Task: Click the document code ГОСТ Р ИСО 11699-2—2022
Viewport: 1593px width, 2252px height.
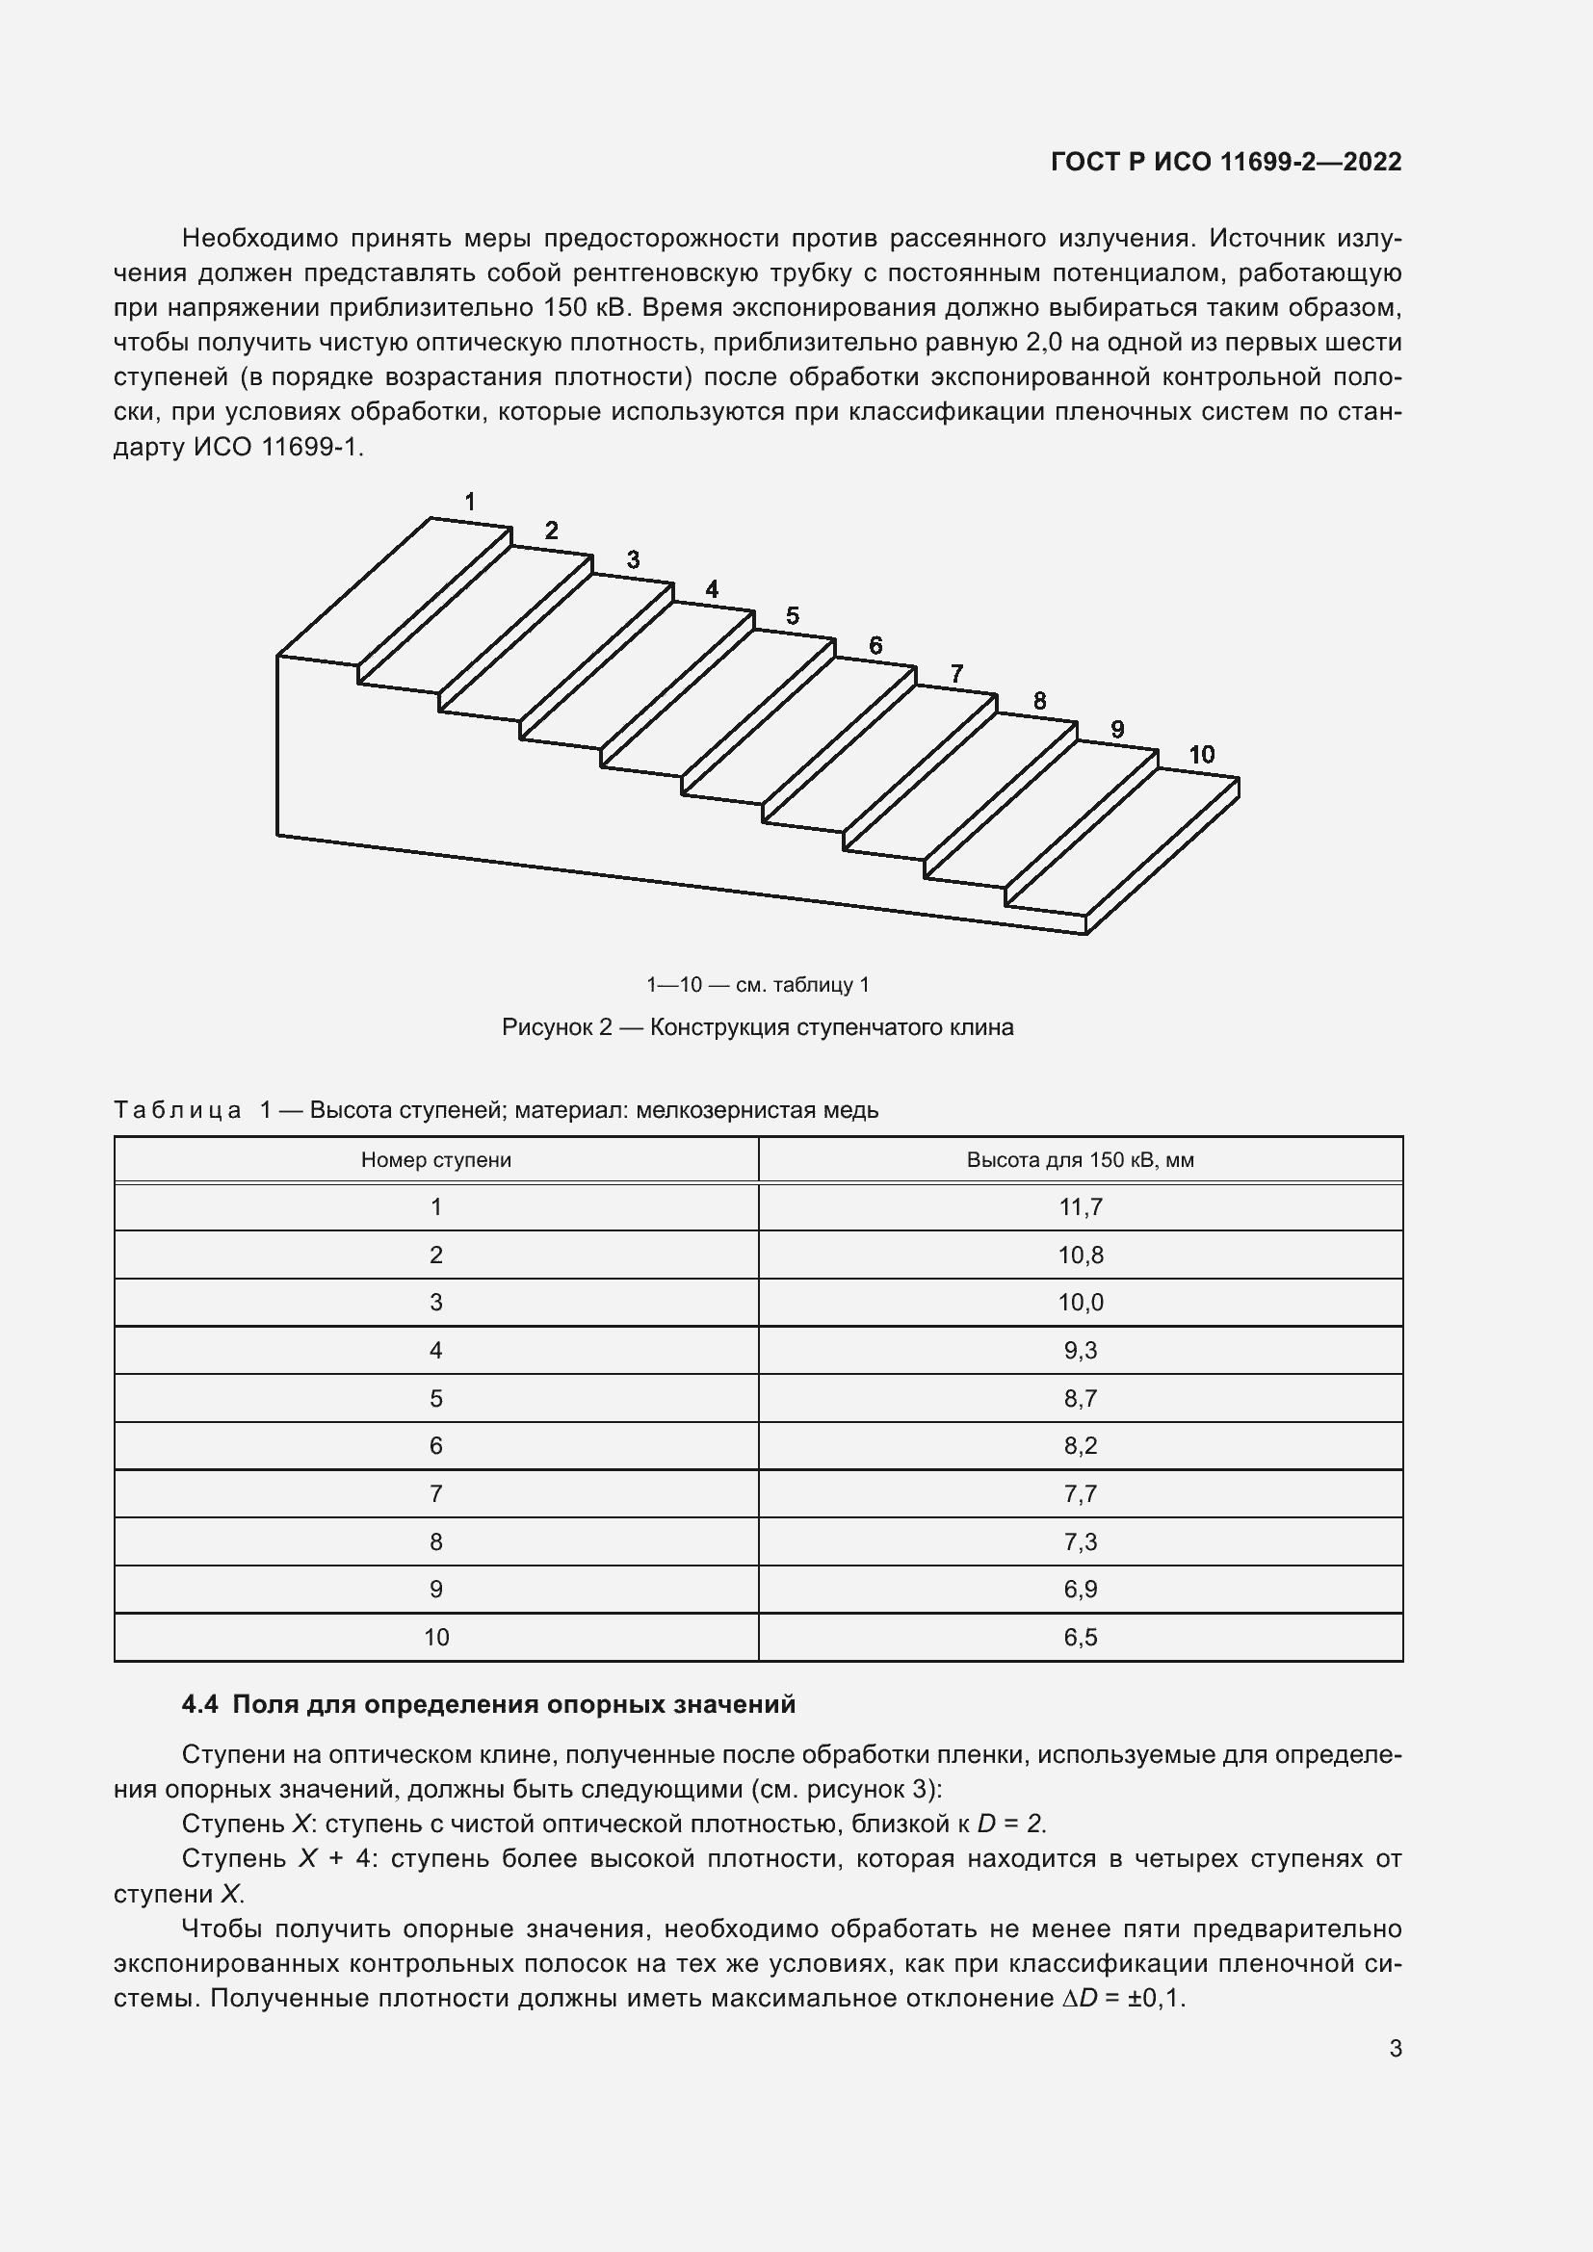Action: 1225,162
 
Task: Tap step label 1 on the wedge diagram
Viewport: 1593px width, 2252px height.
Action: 470,503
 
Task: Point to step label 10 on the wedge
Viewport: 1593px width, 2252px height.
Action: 1202,754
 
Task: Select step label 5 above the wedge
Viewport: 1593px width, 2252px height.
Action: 793,616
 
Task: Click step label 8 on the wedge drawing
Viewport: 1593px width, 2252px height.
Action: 1040,701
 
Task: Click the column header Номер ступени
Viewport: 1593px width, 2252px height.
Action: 435,1160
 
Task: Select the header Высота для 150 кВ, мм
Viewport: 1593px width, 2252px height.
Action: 1080,1160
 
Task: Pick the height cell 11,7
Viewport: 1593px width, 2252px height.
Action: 1080,1207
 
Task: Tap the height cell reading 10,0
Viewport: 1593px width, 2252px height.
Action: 1080,1303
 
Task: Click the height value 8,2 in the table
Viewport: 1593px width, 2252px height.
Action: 1080,1446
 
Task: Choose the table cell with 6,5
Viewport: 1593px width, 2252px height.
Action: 1080,1637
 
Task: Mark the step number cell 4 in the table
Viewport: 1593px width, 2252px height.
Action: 435,1351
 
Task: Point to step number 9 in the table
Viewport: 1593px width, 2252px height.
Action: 435,1589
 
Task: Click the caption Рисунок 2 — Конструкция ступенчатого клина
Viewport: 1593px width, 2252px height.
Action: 757,1028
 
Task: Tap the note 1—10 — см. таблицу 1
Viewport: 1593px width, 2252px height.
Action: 757,985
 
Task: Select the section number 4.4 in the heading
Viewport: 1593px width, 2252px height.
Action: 200,1705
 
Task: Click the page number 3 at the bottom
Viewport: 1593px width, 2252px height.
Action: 1395,2049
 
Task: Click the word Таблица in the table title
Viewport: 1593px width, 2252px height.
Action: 177,1110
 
